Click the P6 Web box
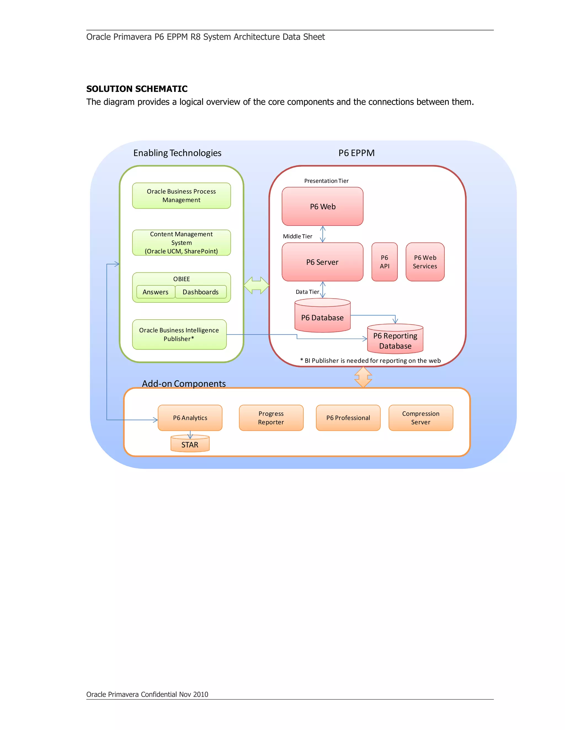322,206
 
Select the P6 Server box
322,262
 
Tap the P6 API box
384,262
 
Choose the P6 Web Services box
425,262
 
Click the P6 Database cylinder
322,317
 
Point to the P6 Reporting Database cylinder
395,340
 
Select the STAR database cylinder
190,444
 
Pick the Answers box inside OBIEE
156,292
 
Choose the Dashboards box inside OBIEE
201,292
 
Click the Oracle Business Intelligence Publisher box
179,334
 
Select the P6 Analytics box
190,417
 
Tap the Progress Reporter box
271,417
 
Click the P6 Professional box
348,417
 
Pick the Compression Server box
420,417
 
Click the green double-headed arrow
256,285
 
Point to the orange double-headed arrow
363,377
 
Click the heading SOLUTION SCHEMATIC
137,89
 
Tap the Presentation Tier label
326,181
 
